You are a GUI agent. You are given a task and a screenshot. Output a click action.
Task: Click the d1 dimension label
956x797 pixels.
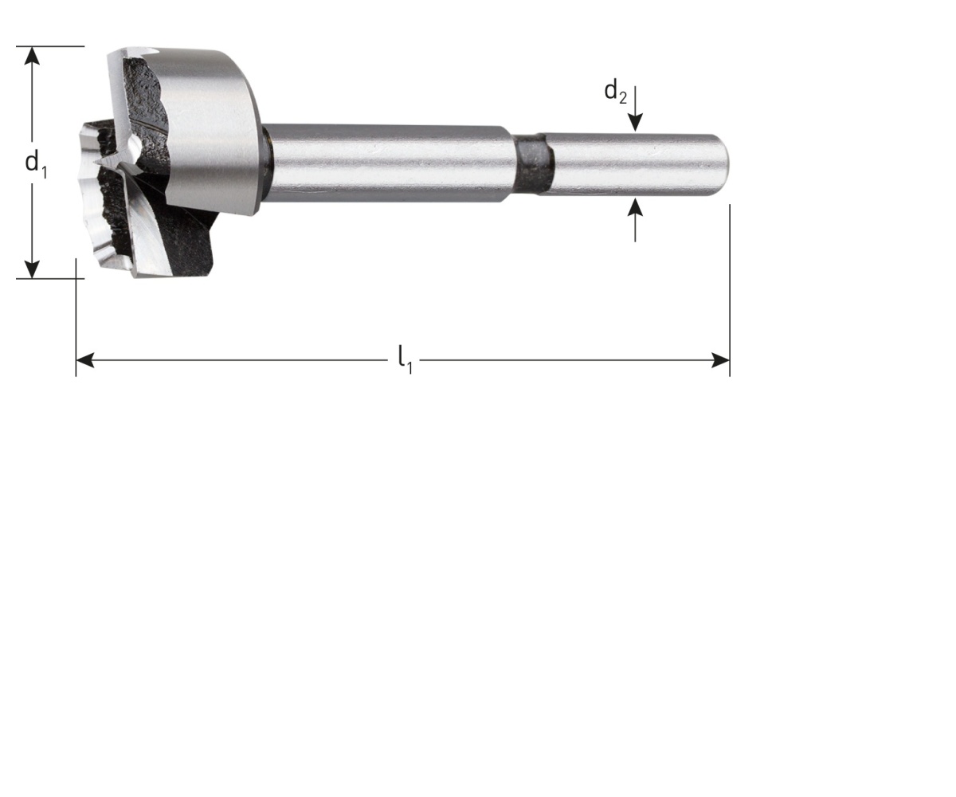click(x=36, y=163)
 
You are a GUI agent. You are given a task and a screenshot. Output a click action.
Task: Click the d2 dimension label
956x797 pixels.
click(x=615, y=92)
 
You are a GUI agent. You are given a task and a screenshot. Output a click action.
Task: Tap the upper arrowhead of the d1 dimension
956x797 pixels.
click(x=32, y=56)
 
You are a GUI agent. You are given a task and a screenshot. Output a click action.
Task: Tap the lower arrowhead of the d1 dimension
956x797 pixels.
click(x=32, y=269)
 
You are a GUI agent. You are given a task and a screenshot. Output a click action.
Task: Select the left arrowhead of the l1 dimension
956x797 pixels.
click(x=85, y=360)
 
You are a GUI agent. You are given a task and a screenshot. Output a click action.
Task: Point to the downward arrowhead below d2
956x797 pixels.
click(x=635, y=122)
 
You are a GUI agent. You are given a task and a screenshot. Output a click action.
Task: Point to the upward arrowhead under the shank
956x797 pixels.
click(x=635, y=208)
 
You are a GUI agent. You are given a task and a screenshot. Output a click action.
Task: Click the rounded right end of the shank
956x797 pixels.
click(x=722, y=163)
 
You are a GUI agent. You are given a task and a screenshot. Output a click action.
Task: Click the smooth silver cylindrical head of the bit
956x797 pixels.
click(x=211, y=128)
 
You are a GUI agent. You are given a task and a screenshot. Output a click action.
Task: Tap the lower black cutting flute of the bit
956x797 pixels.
click(x=187, y=247)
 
